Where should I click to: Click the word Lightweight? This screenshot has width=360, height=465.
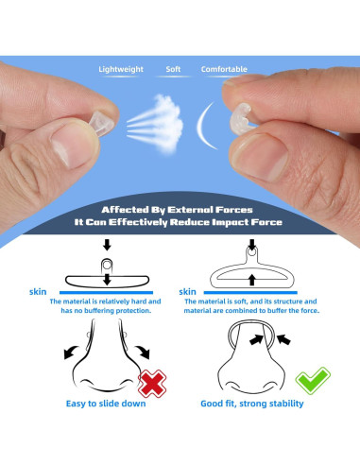(121, 69)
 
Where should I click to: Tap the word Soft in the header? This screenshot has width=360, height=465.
(173, 69)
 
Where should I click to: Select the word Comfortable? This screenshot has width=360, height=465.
(224, 69)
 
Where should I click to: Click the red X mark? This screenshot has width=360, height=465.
(152, 384)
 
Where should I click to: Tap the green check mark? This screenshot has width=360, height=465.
(313, 381)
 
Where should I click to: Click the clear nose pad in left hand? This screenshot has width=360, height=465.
(101, 124)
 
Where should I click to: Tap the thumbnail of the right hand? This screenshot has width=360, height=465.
(259, 158)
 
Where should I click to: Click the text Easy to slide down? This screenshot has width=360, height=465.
(106, 404)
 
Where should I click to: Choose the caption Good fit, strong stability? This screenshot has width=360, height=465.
(252, 404)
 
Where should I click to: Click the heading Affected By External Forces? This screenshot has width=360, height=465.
(177, 210)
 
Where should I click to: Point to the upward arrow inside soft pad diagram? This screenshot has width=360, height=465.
(251, 280)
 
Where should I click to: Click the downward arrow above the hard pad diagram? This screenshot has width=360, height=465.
(107, 245)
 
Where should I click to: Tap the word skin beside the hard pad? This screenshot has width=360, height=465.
(38, 292)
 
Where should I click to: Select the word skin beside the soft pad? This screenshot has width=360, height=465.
(187, 292)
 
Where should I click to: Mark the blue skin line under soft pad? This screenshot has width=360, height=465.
(250, 293)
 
